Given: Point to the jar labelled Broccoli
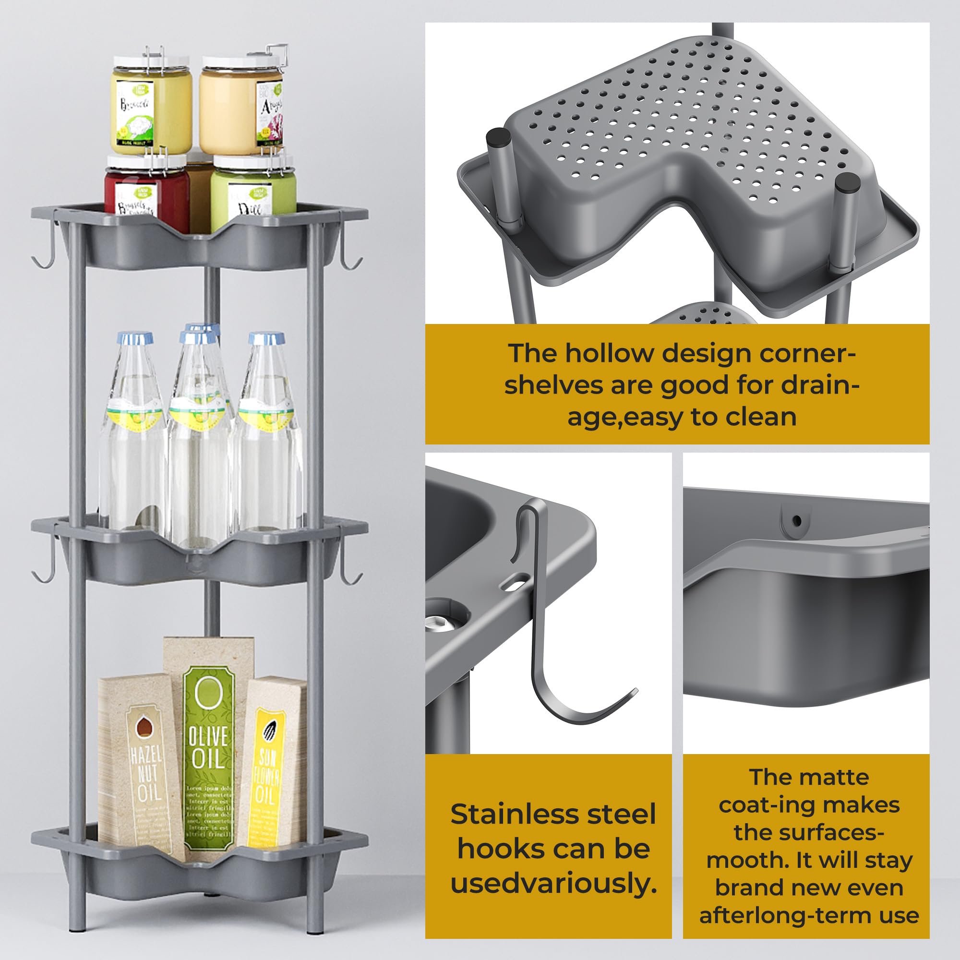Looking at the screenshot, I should point(150,107).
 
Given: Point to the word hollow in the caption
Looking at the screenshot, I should point(609,354).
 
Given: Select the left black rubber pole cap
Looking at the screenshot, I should point(496,136).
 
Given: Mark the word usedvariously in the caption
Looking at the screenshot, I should point(553,883).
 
